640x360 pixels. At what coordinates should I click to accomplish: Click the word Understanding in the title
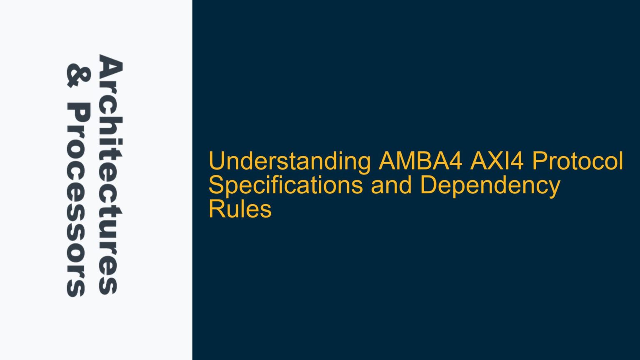pyautogui.click(x=290, y=162)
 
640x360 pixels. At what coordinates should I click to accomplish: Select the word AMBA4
pyautogui.click(x=420, y=162)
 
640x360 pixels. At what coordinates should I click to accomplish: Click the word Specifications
pyautogui.click(x=285, y=185)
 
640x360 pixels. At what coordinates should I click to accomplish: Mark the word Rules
pyautogui.click(x=240, y=209)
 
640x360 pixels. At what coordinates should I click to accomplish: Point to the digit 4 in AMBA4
pyautogui.click(x=456, y=162)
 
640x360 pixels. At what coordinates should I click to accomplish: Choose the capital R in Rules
pyautogui.click(x=216, y=209)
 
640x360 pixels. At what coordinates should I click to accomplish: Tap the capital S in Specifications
pyautogui.click(x=216, y=185)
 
